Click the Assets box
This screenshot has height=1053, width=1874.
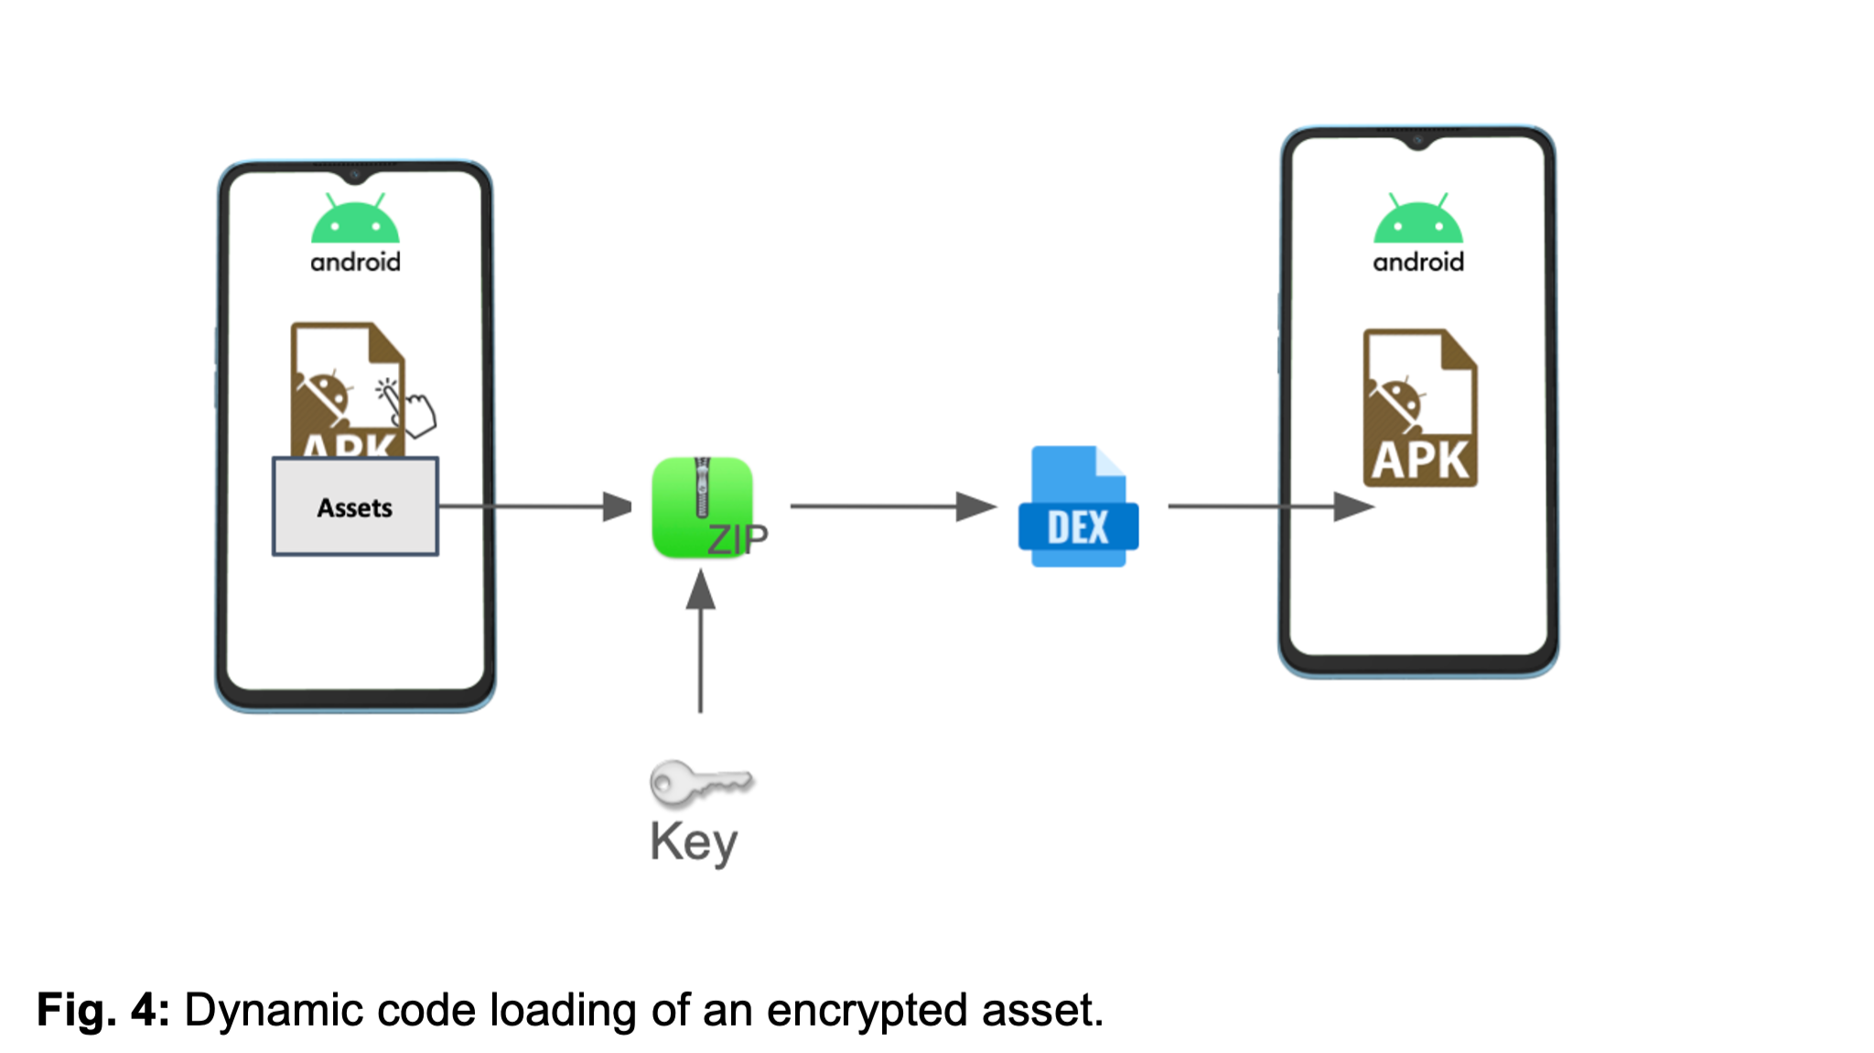coord(355,506)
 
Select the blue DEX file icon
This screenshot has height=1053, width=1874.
coord(1078,506)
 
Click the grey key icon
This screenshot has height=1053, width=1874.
coord(700,783)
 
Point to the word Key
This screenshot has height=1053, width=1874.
coord(694,841)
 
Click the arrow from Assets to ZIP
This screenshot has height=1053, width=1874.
coord(535,505)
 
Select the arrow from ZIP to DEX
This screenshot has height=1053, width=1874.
coord(892,505)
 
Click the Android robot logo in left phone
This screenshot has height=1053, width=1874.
coord(355,220)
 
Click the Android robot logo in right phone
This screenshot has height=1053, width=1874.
coord(1417,220)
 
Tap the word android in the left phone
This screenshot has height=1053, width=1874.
coord(355,263)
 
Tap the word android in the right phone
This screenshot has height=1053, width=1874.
coord(1417,263)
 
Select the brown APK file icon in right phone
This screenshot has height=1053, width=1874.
coord(1420,408)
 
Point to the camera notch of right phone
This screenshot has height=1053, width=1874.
coord(1417,140)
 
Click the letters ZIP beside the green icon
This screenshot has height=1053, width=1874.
coord(738,539)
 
